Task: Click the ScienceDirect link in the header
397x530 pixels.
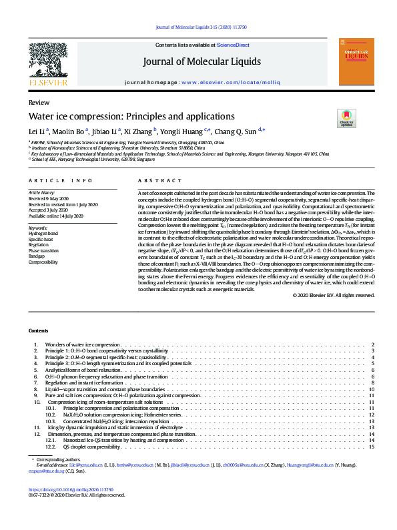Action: coord(233,45)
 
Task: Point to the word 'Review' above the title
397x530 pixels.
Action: coord(38,102)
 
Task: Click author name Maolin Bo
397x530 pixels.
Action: coord(72,131)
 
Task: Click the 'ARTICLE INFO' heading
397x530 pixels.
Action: coord(61,181)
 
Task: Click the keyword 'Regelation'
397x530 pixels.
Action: coord(39,245)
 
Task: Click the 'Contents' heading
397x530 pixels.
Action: coord(38,331)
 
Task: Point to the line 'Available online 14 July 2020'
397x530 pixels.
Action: coord(55,216)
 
